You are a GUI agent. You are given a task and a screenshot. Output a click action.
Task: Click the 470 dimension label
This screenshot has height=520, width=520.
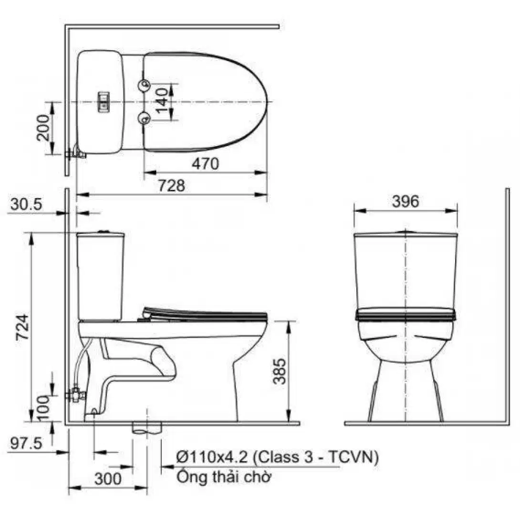[205, 164]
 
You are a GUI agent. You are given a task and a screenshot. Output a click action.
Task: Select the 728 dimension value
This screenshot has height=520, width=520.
[171, 186]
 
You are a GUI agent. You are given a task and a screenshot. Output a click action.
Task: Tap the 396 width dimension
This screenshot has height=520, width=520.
[406, 201]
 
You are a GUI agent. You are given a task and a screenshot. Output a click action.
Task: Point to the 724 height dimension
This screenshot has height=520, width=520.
[23, 327]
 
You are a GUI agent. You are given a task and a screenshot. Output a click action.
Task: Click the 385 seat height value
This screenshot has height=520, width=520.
[280, 371]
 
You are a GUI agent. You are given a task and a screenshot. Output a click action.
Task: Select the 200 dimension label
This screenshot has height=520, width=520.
[43, 128]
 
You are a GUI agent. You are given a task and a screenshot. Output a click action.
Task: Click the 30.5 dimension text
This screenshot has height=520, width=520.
[26, 204]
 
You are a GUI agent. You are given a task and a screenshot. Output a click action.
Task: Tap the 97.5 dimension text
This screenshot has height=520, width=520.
[26, 443]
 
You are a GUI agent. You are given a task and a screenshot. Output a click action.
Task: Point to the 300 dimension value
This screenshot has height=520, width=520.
[108, 479]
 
